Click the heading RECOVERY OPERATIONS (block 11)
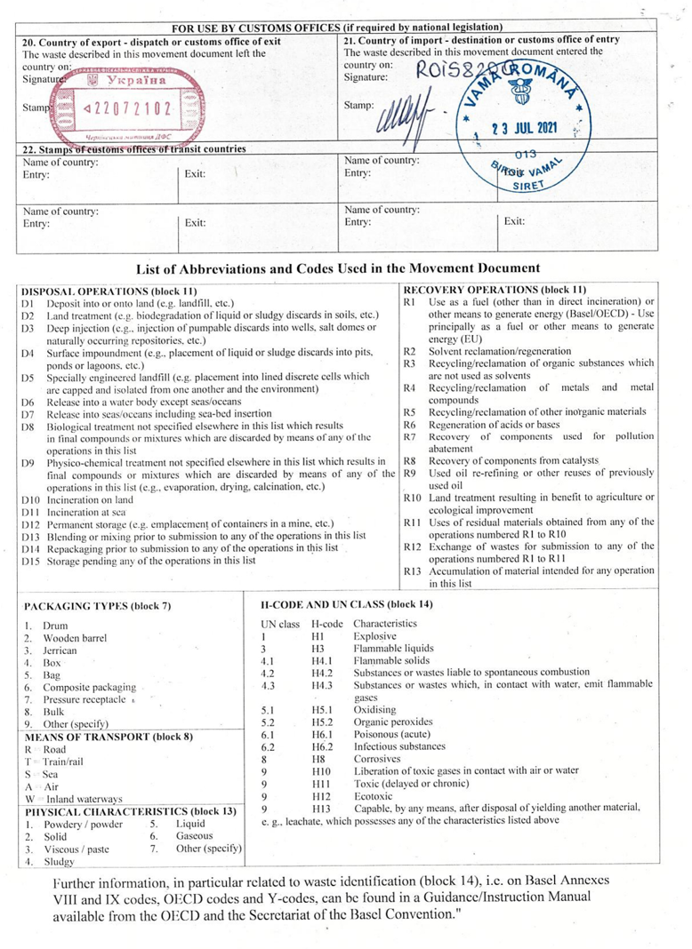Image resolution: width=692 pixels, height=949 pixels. click(495, 290)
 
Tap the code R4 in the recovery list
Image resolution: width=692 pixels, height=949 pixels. click(410, 387)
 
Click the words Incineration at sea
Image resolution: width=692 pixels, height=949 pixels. click(87, 513)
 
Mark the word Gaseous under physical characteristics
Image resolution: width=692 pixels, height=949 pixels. click(194, 836)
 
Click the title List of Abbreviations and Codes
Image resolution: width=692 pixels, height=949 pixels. click(338, 267)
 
